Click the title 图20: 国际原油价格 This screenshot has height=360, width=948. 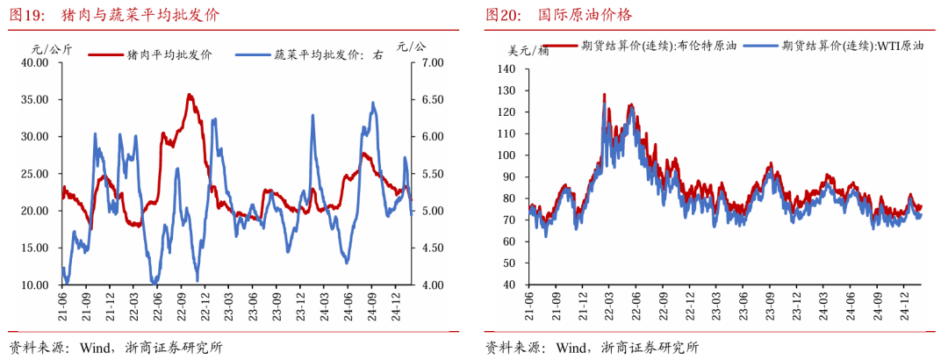pyautogui.click(x=558, y=16)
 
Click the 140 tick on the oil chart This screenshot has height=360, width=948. pyautogui.click(x=506, y=68)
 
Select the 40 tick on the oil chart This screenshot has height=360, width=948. pyautogui.click(x=508, y=285)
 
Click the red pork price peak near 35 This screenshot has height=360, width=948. pyautogui.click(x=190, y=95)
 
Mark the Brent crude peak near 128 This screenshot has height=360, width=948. pyautogui.click(x=604, y=94)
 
